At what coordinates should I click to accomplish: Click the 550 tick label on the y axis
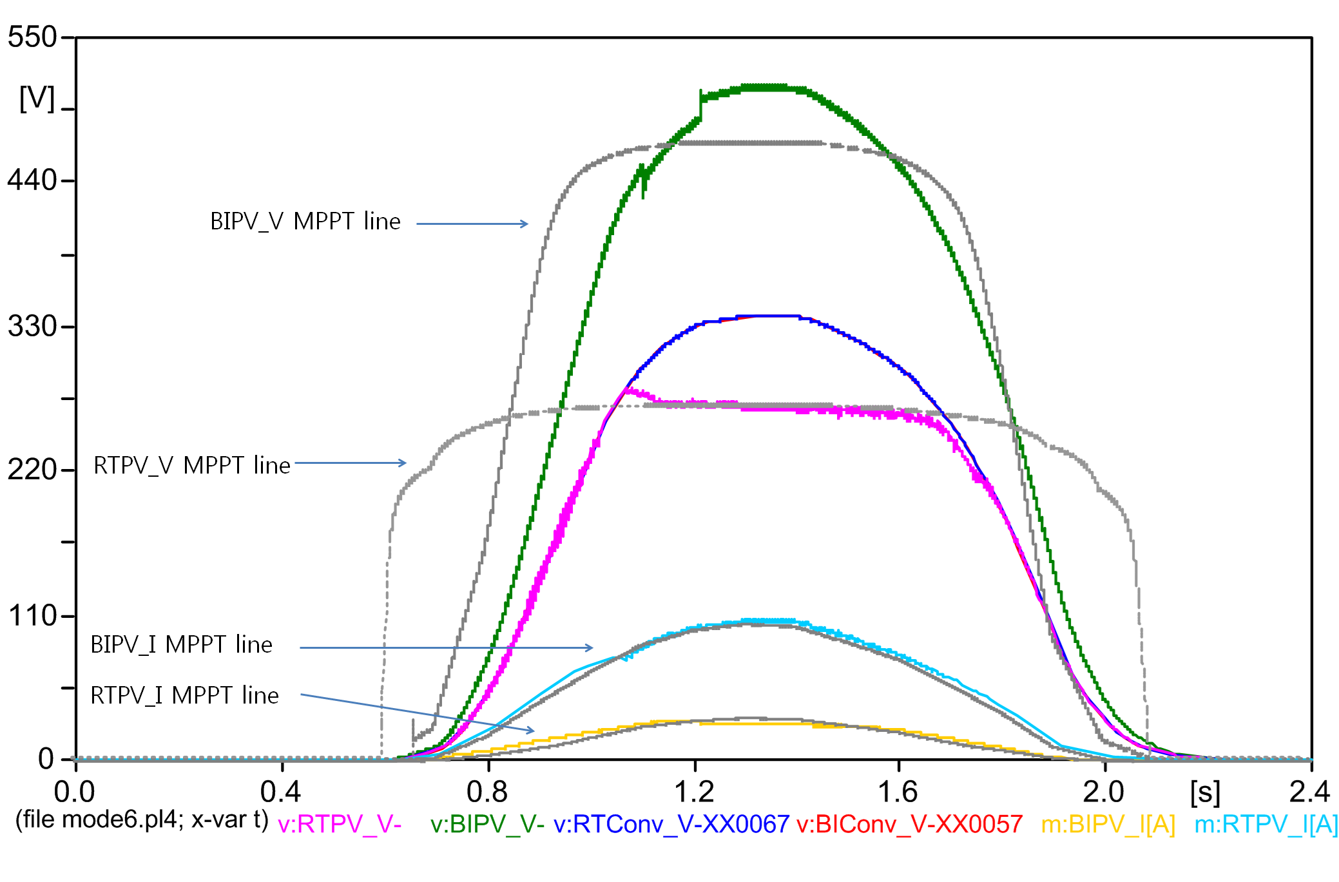pos(32,37)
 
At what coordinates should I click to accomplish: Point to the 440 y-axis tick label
pos(32,180)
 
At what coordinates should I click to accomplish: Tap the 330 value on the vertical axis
pos(32,326)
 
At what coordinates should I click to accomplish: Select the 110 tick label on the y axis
pos(32,616)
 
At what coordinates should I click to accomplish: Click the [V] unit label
pos(37,99)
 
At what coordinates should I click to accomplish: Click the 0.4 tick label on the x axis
pos(281,792)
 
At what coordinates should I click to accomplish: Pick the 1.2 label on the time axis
pos(694,792)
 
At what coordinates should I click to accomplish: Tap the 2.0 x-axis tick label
pos(1104,792)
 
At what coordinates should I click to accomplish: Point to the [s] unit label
pos(1205,792)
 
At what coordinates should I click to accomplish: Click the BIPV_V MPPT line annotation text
pos(305,222)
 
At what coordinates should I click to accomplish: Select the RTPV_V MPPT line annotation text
pos(192,465)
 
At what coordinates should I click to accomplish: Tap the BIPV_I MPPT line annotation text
pos(181,645)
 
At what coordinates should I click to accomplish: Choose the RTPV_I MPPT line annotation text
pos(184,696)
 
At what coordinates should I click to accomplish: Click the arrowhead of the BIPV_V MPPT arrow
pos(525,224)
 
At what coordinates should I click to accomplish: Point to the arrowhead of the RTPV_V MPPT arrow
pos(403,463)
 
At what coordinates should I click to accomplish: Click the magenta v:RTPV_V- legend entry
pos(340,824)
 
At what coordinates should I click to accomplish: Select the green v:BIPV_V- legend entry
pos(487,824)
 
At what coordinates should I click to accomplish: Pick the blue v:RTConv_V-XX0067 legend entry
pos(671,824)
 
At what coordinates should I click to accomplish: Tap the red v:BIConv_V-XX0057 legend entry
pos(909,824)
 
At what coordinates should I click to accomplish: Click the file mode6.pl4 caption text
pos(142,820)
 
